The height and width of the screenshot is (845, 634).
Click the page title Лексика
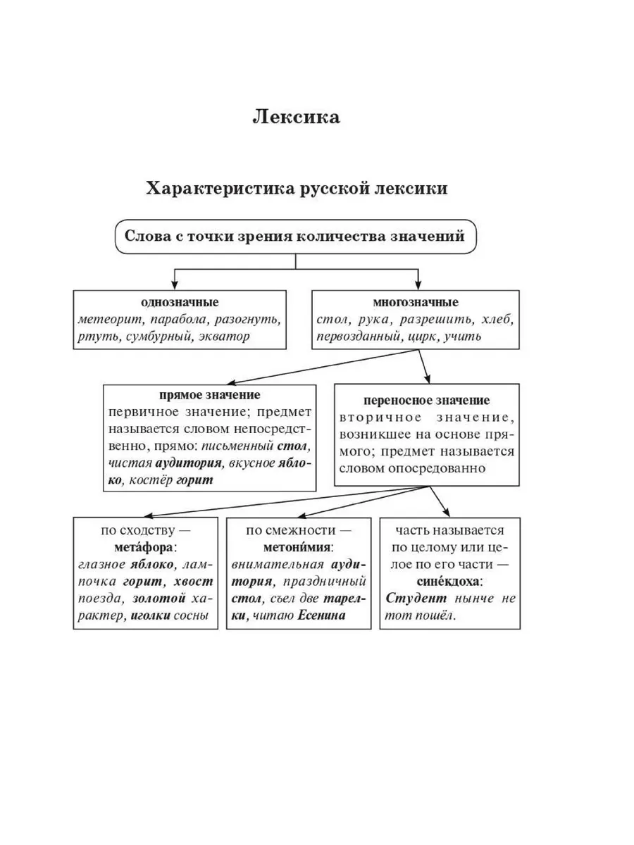pyautogui.click(x=296, y=117)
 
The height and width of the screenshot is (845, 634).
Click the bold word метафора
pyautogui.click(x=145, y=547)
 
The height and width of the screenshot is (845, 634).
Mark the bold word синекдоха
pyautogui.click(x=449, y=582)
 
